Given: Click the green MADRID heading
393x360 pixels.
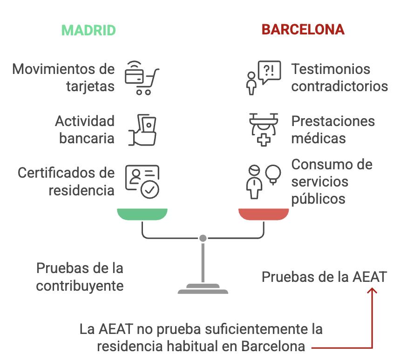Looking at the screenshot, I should click(88, 30).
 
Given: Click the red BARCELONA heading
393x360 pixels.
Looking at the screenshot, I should click(303, 29).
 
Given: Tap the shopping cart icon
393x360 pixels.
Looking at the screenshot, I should click(142, 78).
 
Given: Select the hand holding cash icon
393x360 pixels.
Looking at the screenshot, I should click(142, 129).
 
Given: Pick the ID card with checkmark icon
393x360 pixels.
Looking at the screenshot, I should click(142, 181).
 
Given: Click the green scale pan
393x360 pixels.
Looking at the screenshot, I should click(142, 214).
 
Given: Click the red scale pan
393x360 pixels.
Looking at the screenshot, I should click(264, 214).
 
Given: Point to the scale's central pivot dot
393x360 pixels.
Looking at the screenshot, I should click(203, 238).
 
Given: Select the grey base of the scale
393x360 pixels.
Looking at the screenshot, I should click(203, 289).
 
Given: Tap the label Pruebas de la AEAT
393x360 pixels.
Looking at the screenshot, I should click(324, 277).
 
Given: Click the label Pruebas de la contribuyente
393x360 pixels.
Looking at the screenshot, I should click(80, 277).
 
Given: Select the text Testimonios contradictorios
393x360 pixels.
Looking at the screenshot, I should click(339, 78).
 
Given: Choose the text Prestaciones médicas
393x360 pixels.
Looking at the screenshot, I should click(332, 129).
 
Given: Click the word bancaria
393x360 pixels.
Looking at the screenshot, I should click(87, 138).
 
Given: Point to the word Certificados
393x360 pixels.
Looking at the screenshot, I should click(53, 173).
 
